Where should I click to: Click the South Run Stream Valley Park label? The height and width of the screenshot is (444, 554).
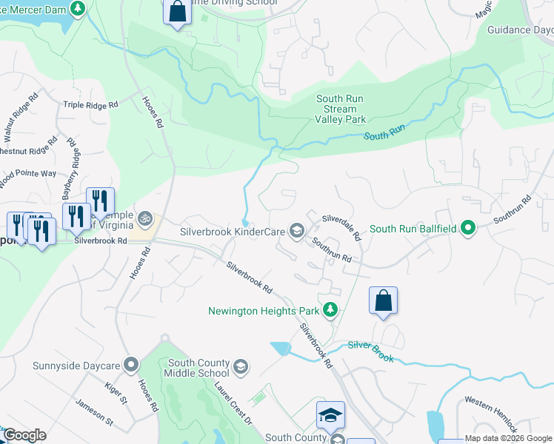341,109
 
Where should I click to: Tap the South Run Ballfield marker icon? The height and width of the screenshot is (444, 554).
467,229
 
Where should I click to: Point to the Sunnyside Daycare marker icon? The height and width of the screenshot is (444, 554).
131,365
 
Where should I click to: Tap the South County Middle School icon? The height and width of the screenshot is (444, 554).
241,368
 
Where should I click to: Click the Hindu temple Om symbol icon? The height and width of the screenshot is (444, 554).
145,219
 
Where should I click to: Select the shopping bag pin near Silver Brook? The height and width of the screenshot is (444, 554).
383,300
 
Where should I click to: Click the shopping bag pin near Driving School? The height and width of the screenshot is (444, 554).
176,11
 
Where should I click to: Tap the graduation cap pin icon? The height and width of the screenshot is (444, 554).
330,416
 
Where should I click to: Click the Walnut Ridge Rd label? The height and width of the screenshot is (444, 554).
20,118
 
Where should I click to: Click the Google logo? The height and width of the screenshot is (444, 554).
24,434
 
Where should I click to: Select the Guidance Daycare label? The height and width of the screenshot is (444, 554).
520,30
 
